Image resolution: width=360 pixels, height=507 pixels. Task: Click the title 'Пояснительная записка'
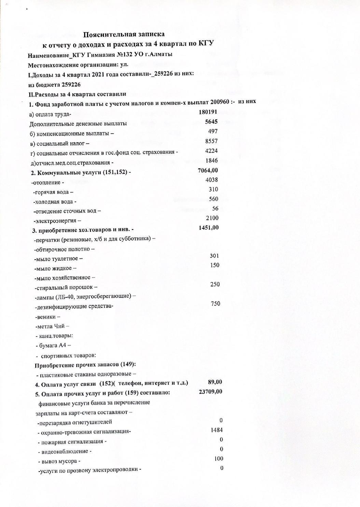(x=124, y=34)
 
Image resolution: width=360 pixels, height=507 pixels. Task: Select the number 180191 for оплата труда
(x=208, y=112)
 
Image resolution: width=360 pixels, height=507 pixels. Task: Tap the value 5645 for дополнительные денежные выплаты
(x=211, y=122)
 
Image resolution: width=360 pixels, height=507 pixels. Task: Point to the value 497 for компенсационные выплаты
(x=213, y=131)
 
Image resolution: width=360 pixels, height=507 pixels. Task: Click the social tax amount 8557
(x=212, y=141)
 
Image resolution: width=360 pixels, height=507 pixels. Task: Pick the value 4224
(x=212, y=151)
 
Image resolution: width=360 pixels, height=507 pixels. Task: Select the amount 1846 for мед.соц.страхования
(x=212, y=160)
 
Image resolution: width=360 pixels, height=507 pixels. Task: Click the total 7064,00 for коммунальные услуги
(x=208, y=170)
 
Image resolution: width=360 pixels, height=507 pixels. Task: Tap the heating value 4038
(x=212, y=180)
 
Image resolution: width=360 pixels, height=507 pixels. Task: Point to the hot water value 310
(x=213, y=189)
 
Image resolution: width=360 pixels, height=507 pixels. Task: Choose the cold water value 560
(x=213, y=199)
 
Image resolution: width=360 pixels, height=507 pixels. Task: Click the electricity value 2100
(x=212, y=218)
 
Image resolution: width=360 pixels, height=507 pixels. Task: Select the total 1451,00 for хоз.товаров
(x=209, y=228)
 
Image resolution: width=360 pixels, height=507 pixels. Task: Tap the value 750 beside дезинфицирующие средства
(x=216, y=304)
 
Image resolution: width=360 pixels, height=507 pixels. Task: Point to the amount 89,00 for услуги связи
(x=215, y=382)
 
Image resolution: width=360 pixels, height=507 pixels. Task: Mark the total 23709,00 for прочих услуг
(x=210, y=391)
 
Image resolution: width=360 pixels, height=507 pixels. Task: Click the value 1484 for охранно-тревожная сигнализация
(x=217, y=430)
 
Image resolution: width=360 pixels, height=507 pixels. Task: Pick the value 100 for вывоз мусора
(x=219, y=459)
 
